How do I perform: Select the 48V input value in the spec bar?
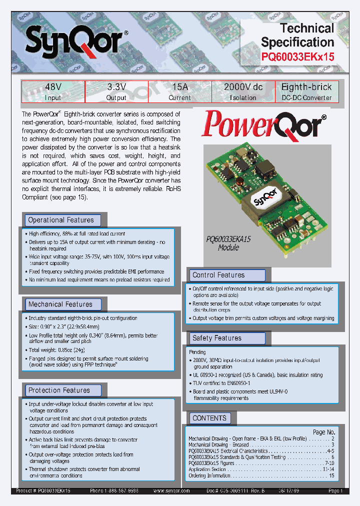point(53,91)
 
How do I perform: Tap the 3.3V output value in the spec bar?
point(116,91)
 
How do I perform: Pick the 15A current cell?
point(179,91)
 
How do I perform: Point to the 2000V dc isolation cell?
point(243,91)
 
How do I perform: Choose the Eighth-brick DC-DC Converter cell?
point(306,91)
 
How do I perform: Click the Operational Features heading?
point(61,220)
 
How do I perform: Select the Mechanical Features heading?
point(61,304)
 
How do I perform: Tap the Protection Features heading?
point(59,390)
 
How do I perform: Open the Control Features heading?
point(219,275)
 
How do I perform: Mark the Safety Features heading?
point(217,338)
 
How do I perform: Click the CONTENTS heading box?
point(209,418)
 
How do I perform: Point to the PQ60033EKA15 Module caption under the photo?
point(228,243)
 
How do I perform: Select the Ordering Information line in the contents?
point(209,475)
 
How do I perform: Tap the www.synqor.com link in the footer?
point(171,491)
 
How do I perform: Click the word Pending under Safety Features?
point(197,352)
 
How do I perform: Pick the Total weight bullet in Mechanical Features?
point(50,350)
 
